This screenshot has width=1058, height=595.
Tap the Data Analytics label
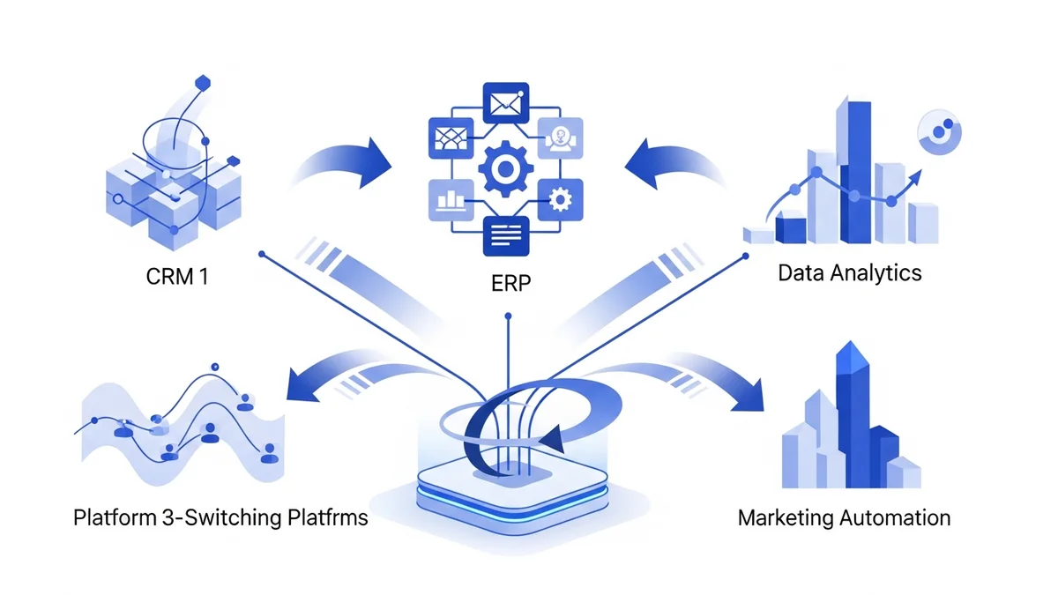point(849,272)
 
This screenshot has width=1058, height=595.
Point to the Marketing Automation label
point(844,517)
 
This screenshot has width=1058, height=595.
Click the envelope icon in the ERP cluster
point(506,102)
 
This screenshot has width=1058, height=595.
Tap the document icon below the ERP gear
point(506,236)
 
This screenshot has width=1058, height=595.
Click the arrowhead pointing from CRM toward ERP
point(379,160)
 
